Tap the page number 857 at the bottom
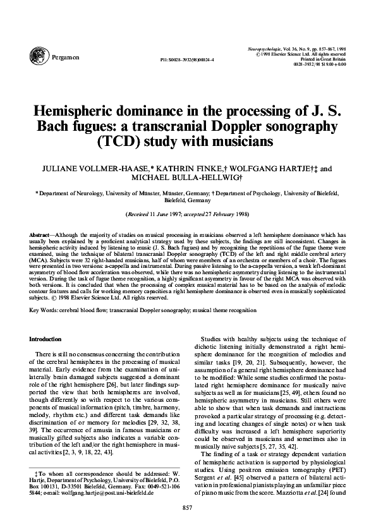[x=186, y=508]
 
